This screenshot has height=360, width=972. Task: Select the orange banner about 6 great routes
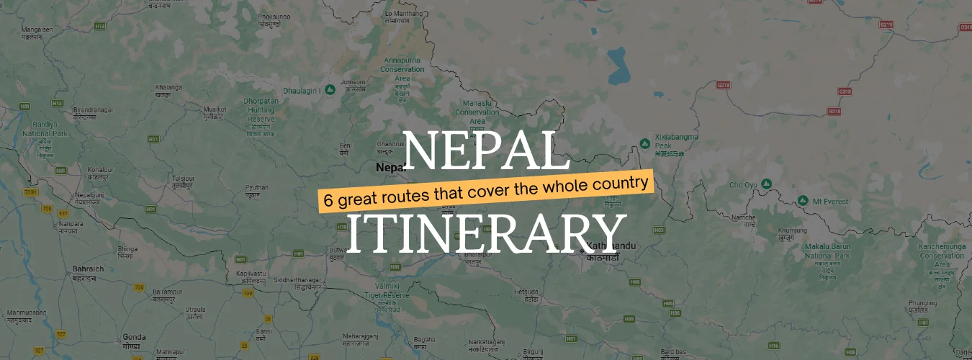point(486,190)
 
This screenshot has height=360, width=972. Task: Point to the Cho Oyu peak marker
point(767,184)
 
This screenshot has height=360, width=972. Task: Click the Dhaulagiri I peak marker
point(329,89)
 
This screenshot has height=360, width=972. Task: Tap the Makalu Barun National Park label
point(827,251)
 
